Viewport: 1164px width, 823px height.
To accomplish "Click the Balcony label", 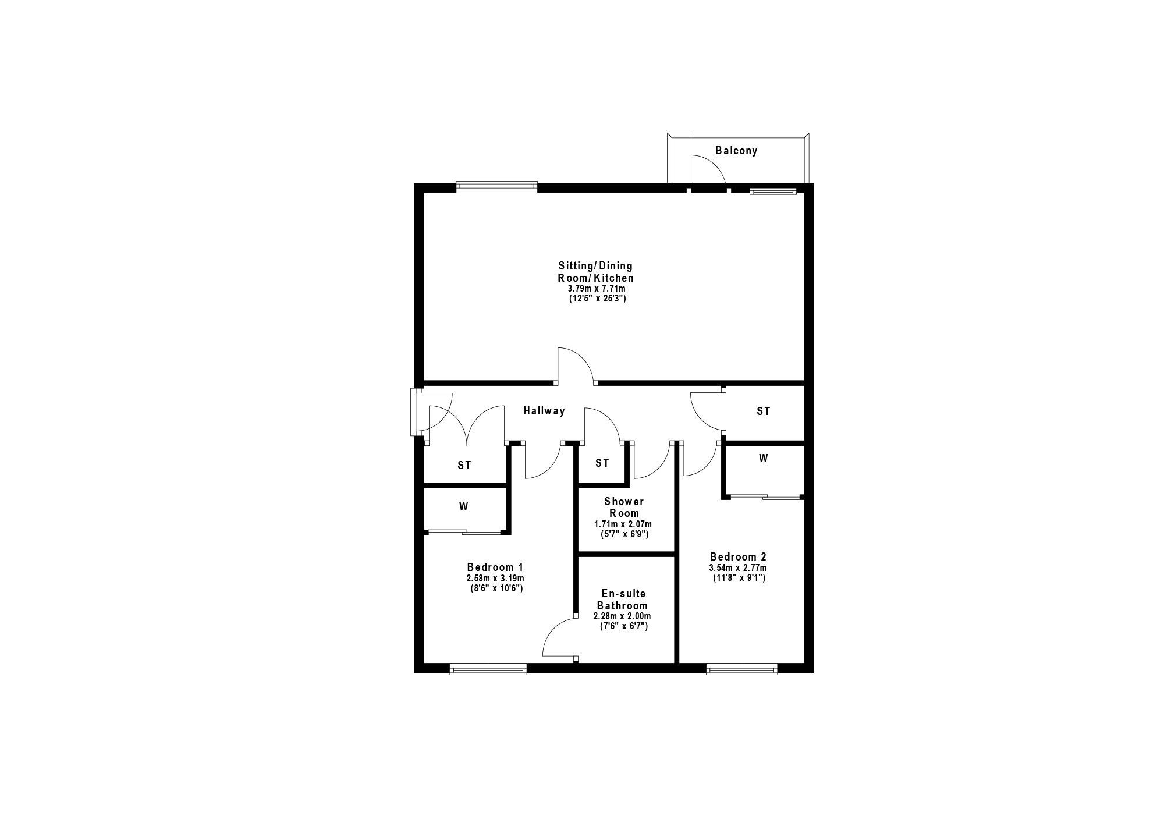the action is click(x=736, y=151).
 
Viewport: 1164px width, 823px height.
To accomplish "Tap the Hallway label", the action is click(x=544, y=411).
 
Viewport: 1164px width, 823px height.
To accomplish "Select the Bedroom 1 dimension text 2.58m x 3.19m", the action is click(x=495, y=579).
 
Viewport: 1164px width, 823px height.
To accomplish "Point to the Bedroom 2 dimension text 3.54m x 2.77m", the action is click(x=737, y=568).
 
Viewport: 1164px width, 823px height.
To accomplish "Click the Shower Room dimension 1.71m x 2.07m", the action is click(x=623, y=524).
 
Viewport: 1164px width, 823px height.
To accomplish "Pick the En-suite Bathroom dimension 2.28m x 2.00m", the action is click(x=622, y=616).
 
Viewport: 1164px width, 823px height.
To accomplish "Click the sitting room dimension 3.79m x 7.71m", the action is click(x=597, y=289).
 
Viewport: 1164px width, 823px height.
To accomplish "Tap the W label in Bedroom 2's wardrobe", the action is click(x=763, y=459).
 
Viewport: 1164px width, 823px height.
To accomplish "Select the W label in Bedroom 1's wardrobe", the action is click(x=463, y=507).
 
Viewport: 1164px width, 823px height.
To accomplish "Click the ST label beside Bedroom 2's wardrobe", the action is click(x=763, y=411).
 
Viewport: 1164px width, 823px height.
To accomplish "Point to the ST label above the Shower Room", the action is click(x=602, y=463).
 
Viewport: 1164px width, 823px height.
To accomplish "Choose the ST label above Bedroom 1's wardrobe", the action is click(x=464, y=466).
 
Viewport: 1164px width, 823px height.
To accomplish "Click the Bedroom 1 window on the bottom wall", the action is click(x=488, y=669).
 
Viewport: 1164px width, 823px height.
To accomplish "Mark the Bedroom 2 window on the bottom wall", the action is click(x=741, y=669).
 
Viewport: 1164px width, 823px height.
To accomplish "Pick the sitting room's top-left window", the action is click(x=496, y=187).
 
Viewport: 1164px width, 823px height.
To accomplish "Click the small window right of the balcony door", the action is click(x=773, y=190).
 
